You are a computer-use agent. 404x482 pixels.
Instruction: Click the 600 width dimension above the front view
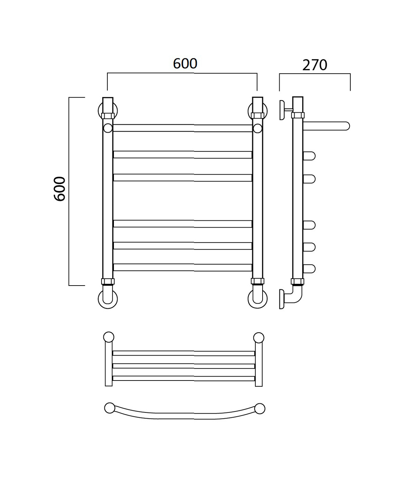point(185,63)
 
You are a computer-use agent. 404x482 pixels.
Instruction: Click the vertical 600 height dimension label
point(59,189)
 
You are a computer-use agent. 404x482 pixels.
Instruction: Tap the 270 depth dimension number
point(315,65)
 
